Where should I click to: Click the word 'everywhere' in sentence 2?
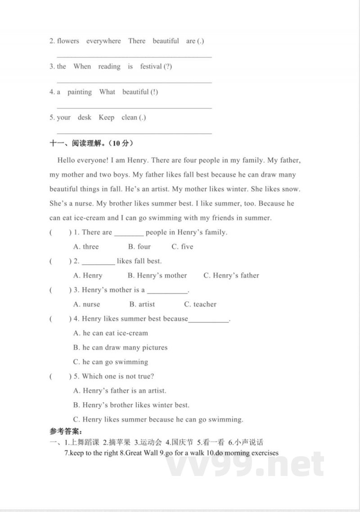103,41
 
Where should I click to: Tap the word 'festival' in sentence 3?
151,67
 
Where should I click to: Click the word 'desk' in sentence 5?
84,118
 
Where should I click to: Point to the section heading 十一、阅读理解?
91,144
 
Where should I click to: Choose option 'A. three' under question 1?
86,247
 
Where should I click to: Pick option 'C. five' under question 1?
182,247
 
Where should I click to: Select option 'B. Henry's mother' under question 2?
157,276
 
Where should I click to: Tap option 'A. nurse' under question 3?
86,304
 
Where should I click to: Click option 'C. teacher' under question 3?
200,304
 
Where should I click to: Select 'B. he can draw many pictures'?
120,348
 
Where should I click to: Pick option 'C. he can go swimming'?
110,362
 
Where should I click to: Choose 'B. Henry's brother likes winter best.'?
131,405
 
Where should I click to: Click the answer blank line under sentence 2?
134,57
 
